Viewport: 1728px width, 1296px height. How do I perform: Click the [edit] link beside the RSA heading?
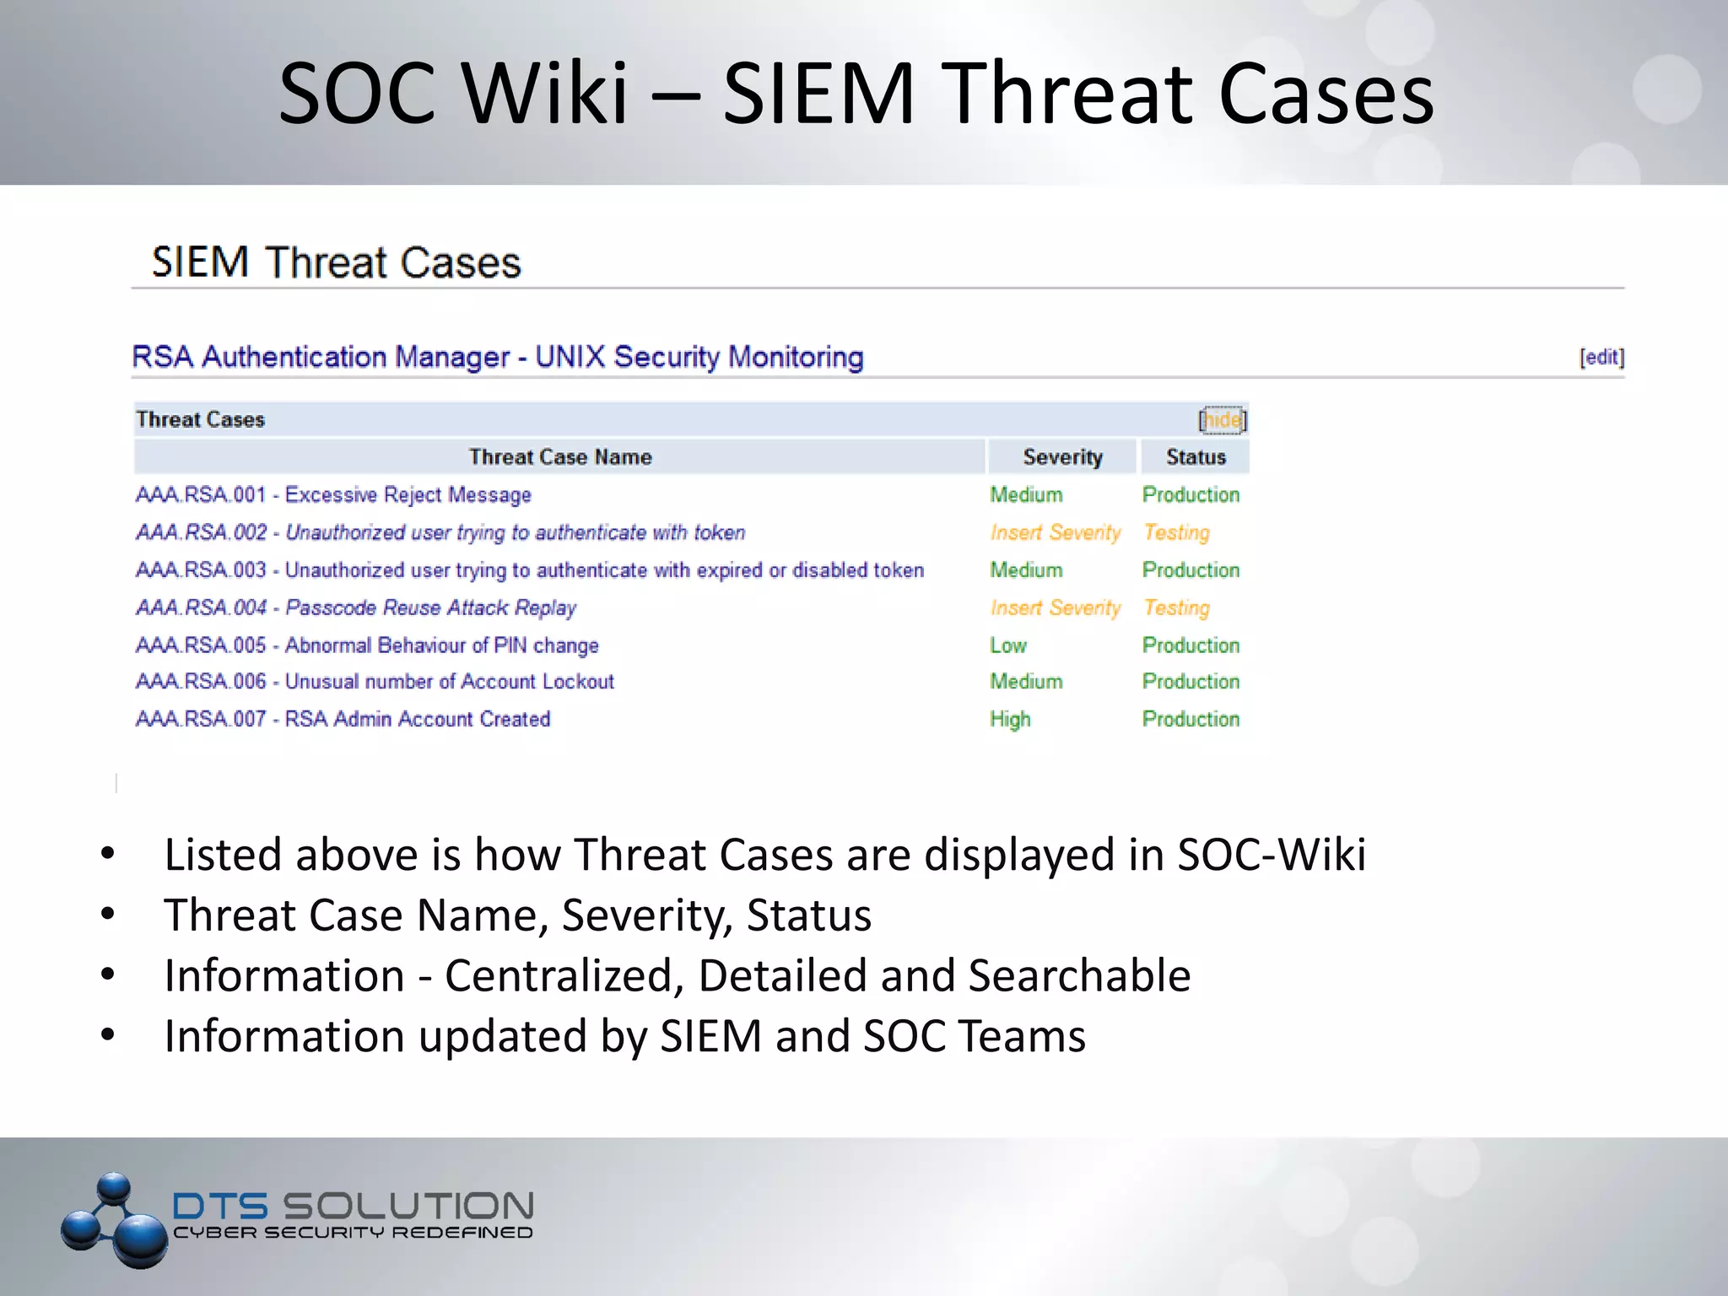tap(1601, 357)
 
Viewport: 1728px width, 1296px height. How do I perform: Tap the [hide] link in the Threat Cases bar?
tap(1222, 419)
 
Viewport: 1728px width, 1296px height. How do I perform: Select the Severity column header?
tap(1062, 456)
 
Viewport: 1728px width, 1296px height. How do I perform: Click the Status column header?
tap(1195, 456)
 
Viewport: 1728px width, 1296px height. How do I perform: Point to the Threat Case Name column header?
tap(560, 456)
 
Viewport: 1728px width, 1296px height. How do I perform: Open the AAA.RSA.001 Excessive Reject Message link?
tap(333, 494)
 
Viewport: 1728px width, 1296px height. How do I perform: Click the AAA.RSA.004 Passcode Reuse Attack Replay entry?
tap(355, 607)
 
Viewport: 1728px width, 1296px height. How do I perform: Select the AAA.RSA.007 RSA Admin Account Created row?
tap(343, 719)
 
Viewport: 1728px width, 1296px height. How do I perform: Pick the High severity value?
tap(1010, 719)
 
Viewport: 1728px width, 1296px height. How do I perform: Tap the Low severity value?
tap(1007, 645)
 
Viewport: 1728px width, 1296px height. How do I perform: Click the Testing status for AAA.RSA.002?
tap(1176, 532)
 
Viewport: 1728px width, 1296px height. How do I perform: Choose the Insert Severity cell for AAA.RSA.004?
tap(1055, 607)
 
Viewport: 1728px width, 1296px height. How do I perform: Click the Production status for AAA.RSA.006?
tap(1191, 682)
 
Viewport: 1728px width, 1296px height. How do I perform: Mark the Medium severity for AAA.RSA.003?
tap(1026, 570)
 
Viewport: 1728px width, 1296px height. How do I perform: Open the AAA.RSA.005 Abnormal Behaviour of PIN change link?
tap(367, 645)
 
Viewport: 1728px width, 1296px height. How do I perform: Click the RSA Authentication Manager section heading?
tap(498, 357)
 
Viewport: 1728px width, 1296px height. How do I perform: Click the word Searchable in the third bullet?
tap(1079, 975)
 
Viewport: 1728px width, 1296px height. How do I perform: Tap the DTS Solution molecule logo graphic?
tap(114, 1220)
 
